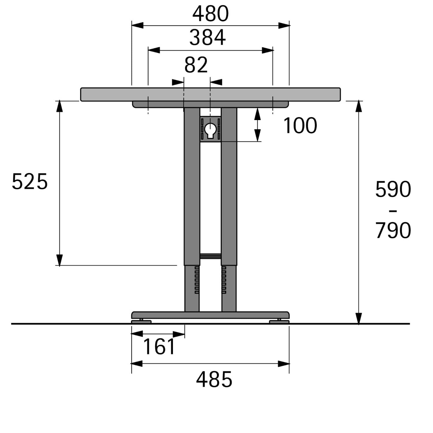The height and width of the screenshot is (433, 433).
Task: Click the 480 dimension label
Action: pyautogui.click(x=210, y=14)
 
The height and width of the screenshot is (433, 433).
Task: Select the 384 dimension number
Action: pyautogui.click(x=208, y=38)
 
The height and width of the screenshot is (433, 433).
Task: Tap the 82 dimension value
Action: pyautogui.click(x=196, y=65)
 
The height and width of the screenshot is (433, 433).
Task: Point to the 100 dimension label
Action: pyautogui.click(x=300, y=126)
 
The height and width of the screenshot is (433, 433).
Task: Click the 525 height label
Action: pyautogui.click(x=30, y=182)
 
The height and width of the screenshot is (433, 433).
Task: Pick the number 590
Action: pyautogui.click(x=393, y=189)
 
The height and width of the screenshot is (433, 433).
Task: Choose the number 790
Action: pyautogui.click(x=393, y=230)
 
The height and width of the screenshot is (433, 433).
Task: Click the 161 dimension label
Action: pyautogui.click(x=159, y=346)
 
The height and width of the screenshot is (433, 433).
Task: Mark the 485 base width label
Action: pyautogui.click(x=214, y=379)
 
